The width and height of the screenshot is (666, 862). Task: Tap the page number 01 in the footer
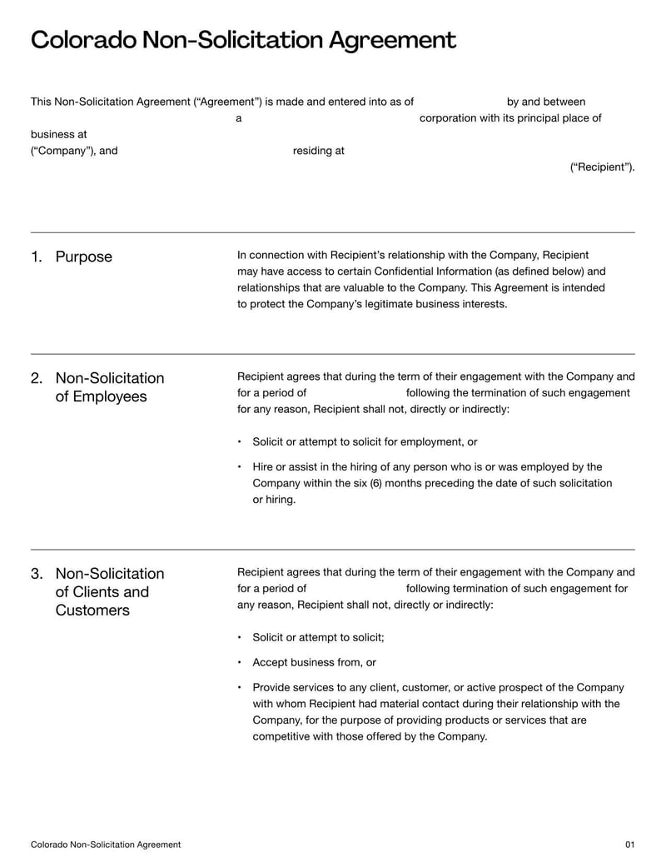(629, 845)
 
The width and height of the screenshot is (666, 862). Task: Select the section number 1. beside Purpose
(37, 257)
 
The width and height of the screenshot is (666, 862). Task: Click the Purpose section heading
(83, 257)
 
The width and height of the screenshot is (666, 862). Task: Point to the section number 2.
(37, 378)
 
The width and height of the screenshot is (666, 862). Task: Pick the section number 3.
(37, 574)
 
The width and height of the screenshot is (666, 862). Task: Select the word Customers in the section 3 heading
(92, 610)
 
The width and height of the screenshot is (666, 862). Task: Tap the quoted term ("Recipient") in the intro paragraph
(602, 167)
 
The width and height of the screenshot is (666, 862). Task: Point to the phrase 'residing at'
(318, 151)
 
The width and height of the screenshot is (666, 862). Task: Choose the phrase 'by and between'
(545, 102)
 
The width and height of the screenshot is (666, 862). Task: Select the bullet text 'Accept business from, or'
(314, 662)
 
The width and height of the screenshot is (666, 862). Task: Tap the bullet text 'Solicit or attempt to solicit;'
(318, 637)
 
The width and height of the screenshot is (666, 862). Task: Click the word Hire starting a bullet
(263, 466)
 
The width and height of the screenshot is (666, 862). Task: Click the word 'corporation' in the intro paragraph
(448, 118)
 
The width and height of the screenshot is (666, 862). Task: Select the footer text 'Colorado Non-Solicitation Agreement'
(106, 845)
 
